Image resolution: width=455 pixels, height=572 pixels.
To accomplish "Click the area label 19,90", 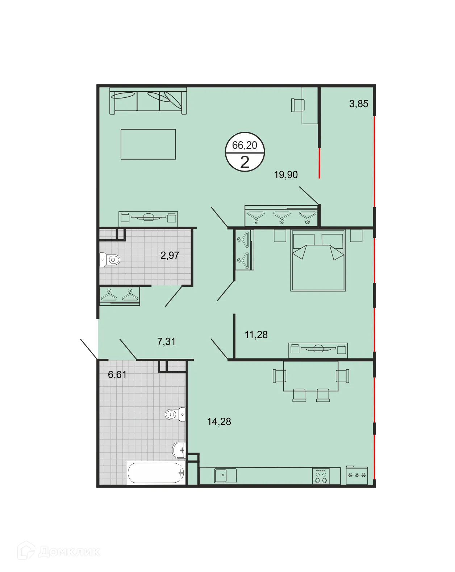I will (286, 175).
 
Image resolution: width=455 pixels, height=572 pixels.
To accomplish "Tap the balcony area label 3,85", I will (359, 104).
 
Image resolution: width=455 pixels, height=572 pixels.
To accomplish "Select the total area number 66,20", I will (245, 145).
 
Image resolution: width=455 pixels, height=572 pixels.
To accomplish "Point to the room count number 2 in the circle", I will (245, 162).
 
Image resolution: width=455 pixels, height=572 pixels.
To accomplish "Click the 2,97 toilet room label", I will (170, 256).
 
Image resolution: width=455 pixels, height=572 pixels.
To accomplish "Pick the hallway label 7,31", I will (166, 341).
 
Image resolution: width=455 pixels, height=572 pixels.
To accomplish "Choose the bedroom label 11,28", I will (256, 335).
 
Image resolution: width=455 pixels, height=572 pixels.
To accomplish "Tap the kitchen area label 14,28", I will (219, 422).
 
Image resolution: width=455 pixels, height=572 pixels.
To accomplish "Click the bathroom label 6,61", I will (117, 375).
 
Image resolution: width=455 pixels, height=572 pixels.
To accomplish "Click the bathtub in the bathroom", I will (156, 473).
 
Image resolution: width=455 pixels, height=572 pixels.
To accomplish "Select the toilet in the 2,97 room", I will (110, 260).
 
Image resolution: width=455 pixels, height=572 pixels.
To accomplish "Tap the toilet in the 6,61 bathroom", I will (175, 414).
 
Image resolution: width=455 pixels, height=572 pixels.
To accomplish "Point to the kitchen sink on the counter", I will (225, 475).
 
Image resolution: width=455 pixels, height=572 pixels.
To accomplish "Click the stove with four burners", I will (321, 476).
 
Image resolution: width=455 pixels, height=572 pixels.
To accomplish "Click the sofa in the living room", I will (148, 100).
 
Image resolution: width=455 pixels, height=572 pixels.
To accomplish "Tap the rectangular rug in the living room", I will (148, 144).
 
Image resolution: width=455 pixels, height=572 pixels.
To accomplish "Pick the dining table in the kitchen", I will (310, 376).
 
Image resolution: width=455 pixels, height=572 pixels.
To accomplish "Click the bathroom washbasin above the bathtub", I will (179, 450).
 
